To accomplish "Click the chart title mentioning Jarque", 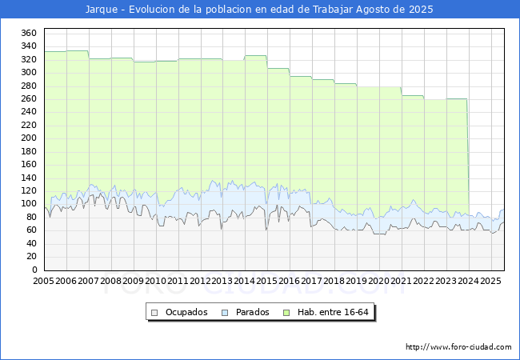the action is coord(259,10).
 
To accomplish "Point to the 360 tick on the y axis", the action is coord(29,33).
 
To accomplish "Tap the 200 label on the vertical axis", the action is coord(29,138).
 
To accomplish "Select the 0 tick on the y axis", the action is coord(34,270).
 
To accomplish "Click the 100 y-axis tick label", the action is coord(29,204).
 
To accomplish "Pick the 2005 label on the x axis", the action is coord(43,281).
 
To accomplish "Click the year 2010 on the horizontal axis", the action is coord(155,281).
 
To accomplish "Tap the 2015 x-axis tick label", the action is coord(267,281).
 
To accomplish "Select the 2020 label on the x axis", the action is coord(379,281).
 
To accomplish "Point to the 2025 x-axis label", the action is coord(491,281).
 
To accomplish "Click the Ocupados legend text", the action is coord(186,312).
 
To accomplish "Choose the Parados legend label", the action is coord(252,312).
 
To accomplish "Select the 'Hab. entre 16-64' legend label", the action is coord(333,312).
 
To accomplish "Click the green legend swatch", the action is coord(286,313).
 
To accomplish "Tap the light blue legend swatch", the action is coord(225,313).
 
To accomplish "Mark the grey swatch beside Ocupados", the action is coord(154,313).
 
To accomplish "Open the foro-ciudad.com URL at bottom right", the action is coord(458,347).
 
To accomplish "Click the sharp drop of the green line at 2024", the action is coord(468,156).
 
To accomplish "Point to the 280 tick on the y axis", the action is coord(29,86).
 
